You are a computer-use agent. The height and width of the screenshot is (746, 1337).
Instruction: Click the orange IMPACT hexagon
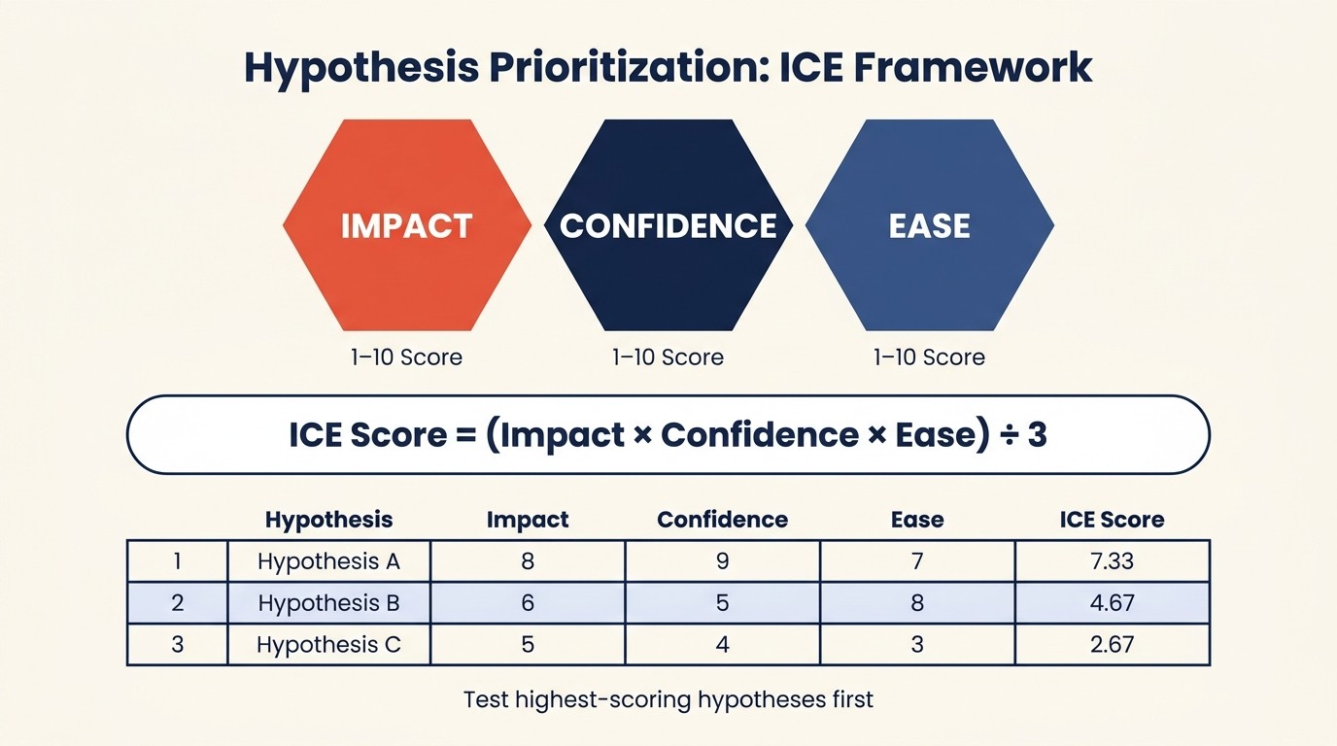(406, 225)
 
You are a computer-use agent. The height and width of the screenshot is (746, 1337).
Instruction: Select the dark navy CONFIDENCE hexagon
(668, 225)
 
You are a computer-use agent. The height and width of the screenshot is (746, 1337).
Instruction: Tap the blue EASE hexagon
(930, 225)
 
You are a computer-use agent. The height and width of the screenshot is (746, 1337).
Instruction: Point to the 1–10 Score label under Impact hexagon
(406, 357)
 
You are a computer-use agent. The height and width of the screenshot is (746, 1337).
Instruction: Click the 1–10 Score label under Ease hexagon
(929, 357)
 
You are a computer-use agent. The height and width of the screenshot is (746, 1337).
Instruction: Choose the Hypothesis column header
(328, 520)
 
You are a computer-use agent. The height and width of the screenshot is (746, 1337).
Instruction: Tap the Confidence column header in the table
(722, 520)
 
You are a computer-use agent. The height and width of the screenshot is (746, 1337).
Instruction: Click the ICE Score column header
(1112, 520)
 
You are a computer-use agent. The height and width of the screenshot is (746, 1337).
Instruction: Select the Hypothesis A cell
(328, 561)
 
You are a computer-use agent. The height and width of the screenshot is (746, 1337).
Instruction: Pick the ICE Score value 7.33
(1112, 561)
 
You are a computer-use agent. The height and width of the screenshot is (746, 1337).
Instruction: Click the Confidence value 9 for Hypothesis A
(722, 561)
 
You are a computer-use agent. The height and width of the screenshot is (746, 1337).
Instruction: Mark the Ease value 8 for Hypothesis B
(917, 603)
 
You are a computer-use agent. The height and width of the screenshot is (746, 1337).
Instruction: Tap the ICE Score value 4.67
(1112, 603)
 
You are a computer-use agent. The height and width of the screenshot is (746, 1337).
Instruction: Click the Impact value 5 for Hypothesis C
(528, 645)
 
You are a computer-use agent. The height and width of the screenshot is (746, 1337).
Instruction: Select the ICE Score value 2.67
(1112, 645)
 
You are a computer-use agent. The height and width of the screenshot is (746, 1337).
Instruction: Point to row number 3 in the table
(177, 645)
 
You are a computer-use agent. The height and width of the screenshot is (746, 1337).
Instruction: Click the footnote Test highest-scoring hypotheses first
(668, 699)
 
